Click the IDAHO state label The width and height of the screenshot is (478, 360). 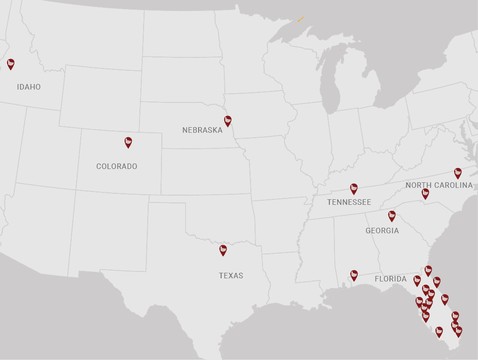29,87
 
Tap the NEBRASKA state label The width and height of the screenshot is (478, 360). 202,130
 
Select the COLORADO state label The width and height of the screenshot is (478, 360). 117,166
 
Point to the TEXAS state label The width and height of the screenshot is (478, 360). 231,276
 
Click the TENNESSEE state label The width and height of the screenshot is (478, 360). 349,202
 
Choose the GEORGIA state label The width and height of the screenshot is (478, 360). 382,231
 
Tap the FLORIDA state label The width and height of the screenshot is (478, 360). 390,279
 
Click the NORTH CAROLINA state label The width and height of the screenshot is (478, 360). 439,185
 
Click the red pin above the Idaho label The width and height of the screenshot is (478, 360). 11,64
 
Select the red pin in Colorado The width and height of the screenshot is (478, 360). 128,142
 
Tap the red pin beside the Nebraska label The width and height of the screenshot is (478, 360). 228,121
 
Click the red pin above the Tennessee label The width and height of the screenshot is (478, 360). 354,189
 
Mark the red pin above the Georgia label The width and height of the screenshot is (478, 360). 392,216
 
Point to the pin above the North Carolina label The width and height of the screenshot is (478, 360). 457,173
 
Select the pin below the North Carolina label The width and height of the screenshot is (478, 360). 425,193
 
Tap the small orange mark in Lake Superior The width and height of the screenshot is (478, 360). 300,19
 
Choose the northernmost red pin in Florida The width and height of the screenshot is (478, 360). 428,270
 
